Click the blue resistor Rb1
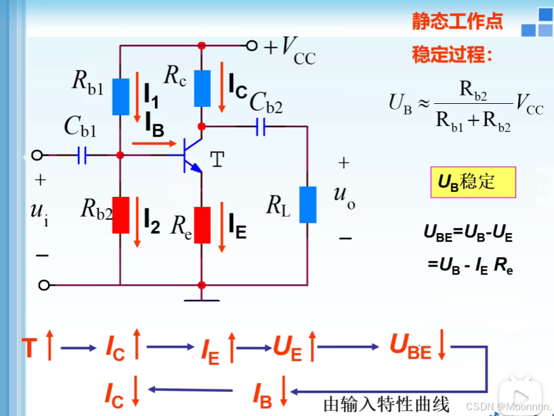(120, 96)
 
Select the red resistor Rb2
(120, 215)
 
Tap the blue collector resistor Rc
(202, 88)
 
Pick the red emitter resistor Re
(202, 225)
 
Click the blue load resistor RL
(308, 205)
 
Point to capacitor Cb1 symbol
(82, 155)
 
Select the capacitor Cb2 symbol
(261, 126)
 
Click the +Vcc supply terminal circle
(252, 46)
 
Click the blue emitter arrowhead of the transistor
(197, 168)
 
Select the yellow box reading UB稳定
(472, 182)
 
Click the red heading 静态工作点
(457, 22)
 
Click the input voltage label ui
(39, 211)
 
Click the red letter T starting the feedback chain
(29, 348)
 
